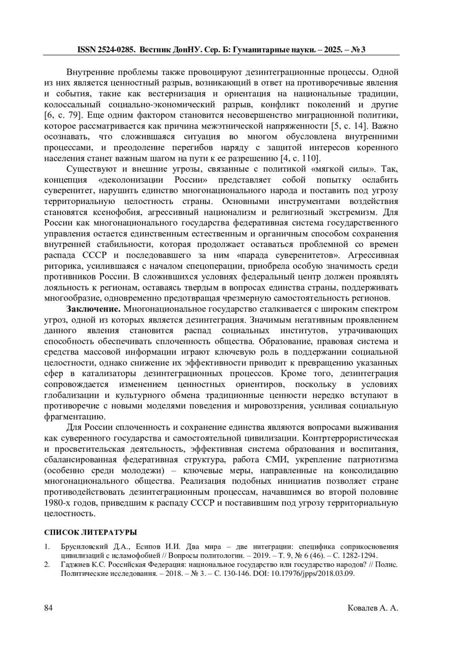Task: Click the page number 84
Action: click(48, 608)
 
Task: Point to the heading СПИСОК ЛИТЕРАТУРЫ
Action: click(91, 532)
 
